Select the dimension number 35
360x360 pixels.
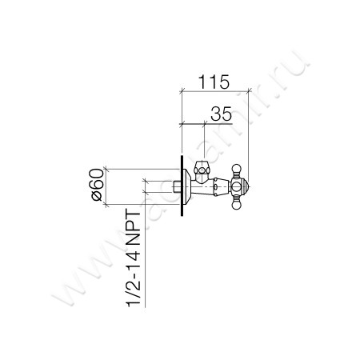tap(221, 114)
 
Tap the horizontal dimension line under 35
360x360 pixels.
tap(208, 124)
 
